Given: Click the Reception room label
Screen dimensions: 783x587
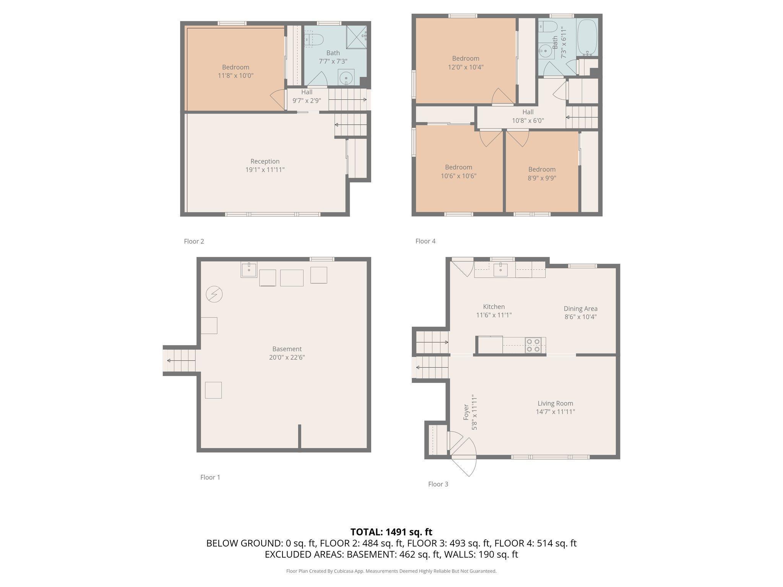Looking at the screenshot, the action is pyautogui.click(x=265, y=161).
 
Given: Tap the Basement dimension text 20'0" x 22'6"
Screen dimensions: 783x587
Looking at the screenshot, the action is pyautogui.click(x=287, y=357).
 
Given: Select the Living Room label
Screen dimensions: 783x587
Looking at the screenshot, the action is pyautogui.click(x=555, y=403).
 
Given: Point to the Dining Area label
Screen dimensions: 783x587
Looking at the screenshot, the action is pyautogui.click(x=580, y=308).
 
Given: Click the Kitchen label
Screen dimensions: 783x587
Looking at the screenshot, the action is pyautogui.click(x=494, y=306).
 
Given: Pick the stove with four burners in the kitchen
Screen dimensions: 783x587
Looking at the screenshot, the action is pyautogui.click(x=535, y=345).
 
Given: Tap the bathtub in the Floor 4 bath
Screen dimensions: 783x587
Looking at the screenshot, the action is pyautogui.click(x=587, y=37).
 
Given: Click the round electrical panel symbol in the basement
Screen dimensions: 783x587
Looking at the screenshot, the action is pyautogui.click(x=214, y=295).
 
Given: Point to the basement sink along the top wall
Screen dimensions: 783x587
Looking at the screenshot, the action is pyautogui.click(x=249, y=269).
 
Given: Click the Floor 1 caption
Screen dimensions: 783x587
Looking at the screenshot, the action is pyautogui.click(x=210, y=477).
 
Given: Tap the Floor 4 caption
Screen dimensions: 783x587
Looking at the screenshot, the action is pyautogui.click(x=426, y=241).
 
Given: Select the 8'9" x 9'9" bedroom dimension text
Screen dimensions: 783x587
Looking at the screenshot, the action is pyautogui.click(x=542, y=178).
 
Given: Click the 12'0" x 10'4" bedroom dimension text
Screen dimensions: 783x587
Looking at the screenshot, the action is pyautogui.click(x=466, y=67).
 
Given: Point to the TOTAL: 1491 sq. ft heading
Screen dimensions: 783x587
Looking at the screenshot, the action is pyautogui.click(x=391, y=532).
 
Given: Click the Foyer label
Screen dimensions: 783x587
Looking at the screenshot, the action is pyautogui.click(x=466, y=412).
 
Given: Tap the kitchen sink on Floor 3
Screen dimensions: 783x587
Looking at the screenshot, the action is pyautogui.click(x=500, y=269).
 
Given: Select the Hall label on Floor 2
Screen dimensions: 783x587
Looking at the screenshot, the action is pyautogui.click(x=307, y=92).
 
